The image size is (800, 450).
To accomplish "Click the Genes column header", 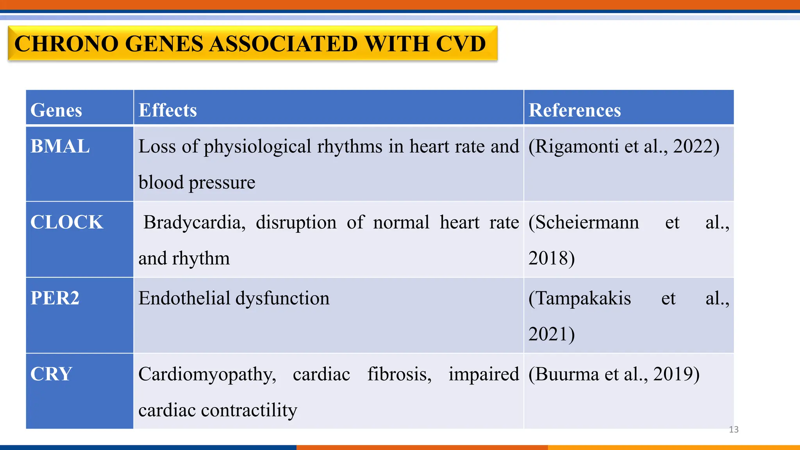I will (x=56, y=110).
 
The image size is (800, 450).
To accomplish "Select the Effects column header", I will (x=168, y=110).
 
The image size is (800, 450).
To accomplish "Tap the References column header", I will (x=575, y=110).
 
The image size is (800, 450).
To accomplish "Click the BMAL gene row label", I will (x=60, y=147).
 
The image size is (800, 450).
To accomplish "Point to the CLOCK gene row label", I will (x=67, y=223).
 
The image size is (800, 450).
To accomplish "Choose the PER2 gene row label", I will (x=55, y=298).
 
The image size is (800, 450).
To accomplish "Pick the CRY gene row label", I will (x=51, y=374).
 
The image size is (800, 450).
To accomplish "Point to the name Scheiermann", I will (x=586, y=223).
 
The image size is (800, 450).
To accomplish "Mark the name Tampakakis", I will (x=582, y=298).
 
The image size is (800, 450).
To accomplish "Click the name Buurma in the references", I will (x=568, y=374).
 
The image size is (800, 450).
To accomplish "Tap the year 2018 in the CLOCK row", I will (x=549, y=259).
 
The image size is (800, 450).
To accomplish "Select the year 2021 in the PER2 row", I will (x=549, y=334).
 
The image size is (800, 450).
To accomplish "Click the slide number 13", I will (x=734, y=430).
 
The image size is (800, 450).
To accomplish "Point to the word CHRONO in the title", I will (x=66, y=44).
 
